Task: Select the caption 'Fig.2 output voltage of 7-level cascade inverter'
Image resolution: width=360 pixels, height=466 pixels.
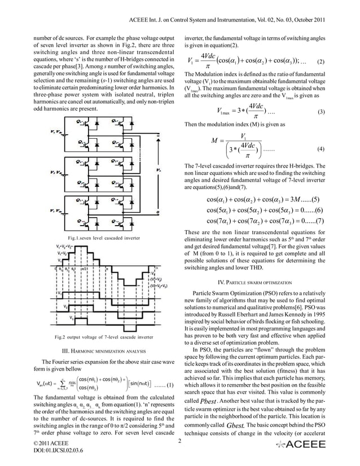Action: coord(99,337)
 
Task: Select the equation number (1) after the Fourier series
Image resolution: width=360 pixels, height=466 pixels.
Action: coord(166,384)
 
